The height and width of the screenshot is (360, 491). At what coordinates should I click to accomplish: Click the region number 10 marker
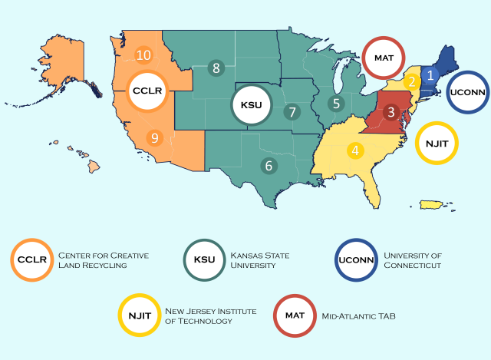[x=143, y=54]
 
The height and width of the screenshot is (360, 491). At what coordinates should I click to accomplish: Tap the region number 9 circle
[x=154, y=138]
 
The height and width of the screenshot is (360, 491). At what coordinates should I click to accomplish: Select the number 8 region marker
[x=216, y=68]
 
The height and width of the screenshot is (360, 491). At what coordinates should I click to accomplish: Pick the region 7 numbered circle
[x=292, y=111]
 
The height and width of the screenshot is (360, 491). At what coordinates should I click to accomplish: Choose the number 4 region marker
[x=355, y=150]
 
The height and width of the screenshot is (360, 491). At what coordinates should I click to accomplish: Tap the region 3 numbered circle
[x=390, y=113]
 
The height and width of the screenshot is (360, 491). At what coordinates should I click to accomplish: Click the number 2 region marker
[x=412, y=81]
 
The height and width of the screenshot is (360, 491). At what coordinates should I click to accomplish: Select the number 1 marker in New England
[x=430, y=74]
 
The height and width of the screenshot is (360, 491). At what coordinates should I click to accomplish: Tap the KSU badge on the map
[x=252, y=104]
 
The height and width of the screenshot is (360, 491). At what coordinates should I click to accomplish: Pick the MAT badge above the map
[x=384, y=57]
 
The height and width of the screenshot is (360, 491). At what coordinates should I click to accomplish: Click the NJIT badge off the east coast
[x=437, y=142]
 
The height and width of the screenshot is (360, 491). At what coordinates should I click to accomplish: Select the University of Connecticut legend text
[x=414, y=259]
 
